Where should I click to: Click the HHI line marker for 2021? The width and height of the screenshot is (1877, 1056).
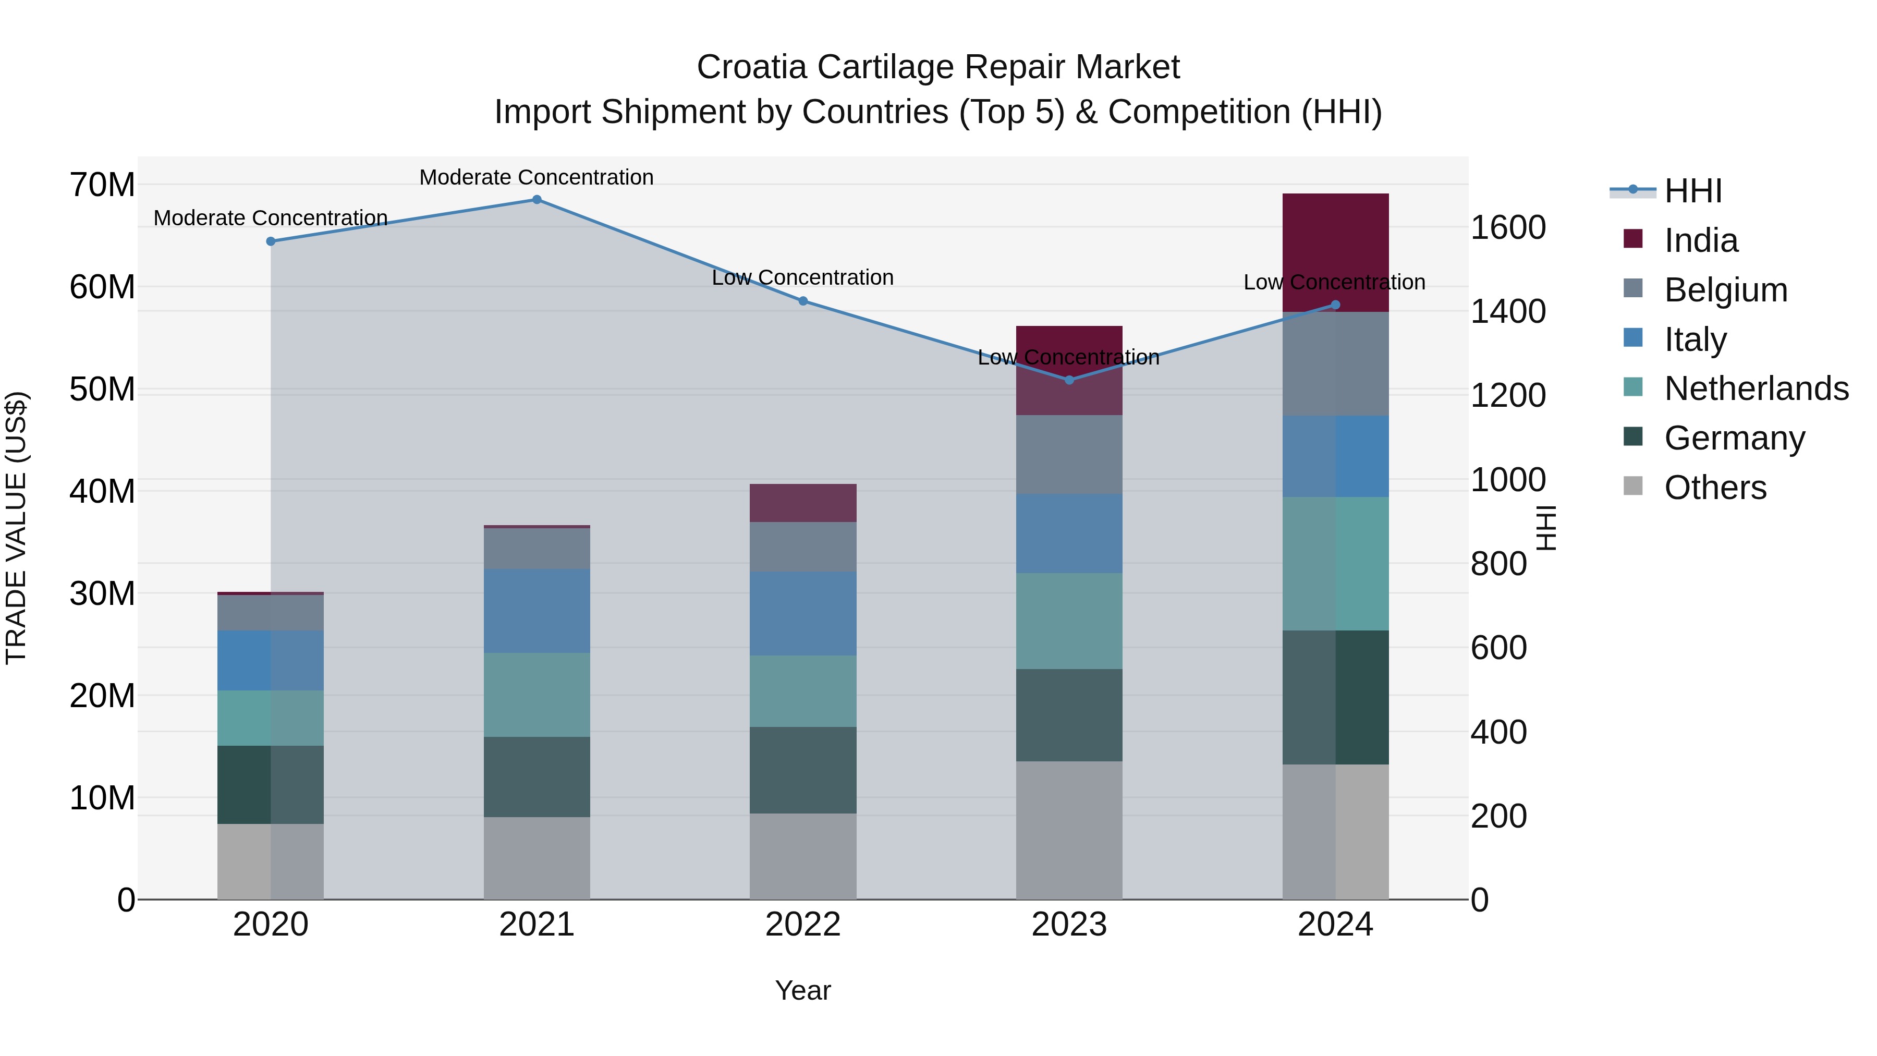pos(537,200)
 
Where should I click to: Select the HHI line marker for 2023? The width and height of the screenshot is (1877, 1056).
pos(1069,380)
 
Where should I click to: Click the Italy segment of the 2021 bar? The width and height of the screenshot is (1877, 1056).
pos(537,611)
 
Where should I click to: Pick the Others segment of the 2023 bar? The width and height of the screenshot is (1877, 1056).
pos(1069,830)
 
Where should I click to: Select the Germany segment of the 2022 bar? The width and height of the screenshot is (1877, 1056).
pos(802,770)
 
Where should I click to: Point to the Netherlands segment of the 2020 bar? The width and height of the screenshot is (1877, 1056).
pos(270,718)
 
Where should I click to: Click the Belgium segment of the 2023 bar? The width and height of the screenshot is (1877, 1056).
pos(1069,454)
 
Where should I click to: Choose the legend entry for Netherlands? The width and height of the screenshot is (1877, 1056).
pos(1756,389)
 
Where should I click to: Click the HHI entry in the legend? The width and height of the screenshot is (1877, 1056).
pos(1692,191)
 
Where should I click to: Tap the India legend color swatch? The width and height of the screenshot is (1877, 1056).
pos(1633,239)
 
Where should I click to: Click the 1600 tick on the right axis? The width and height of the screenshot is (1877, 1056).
pos(1507,227)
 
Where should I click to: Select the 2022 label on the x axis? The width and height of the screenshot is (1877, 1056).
pos(802,925)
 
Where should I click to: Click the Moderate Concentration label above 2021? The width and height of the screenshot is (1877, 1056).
pos(537,177)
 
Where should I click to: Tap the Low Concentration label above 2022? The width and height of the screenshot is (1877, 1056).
pos(802,277)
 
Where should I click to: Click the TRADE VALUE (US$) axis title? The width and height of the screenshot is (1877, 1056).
pos(16,528)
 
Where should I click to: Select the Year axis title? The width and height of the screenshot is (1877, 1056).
pos(802,990)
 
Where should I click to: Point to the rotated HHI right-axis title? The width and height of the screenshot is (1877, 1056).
pos(1545,528)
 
